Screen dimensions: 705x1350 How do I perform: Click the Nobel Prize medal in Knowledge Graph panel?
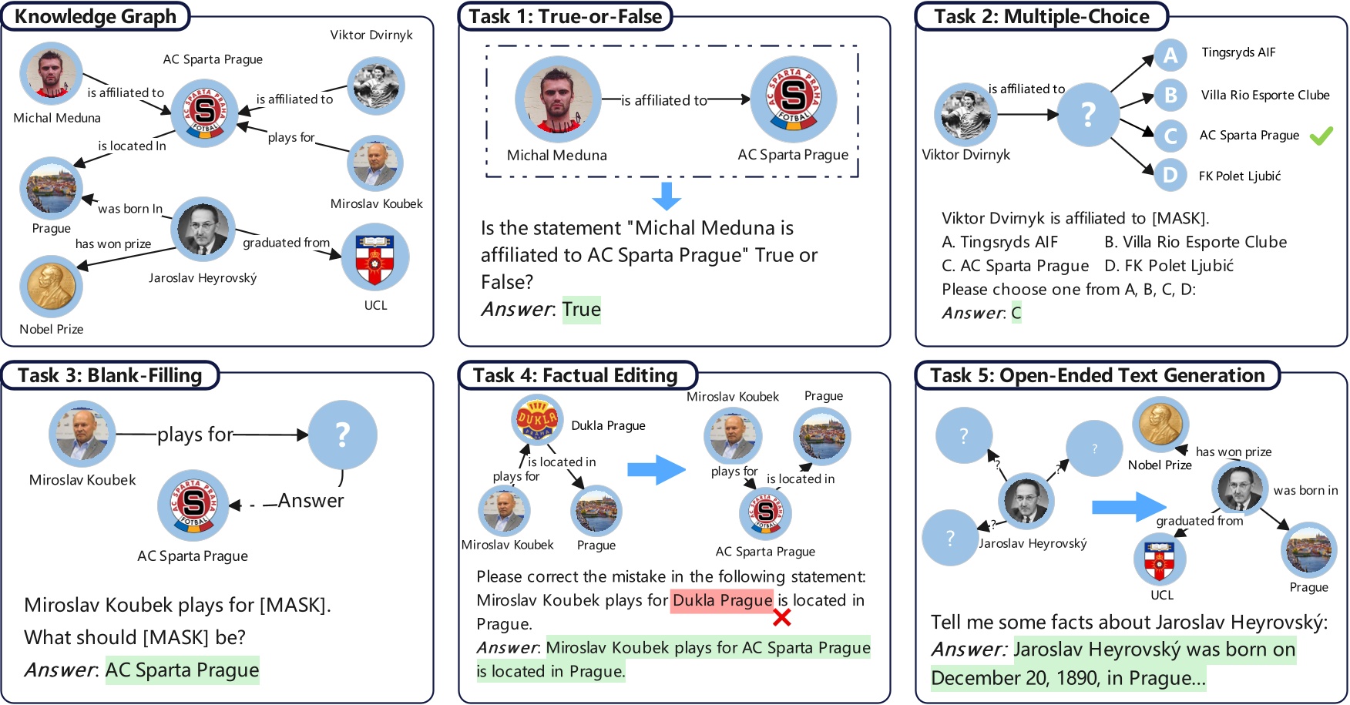click(x=51, y=287)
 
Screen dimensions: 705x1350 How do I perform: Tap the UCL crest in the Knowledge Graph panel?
click(x=375, y=257)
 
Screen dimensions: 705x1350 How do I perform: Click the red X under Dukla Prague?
click(x=781, y=617)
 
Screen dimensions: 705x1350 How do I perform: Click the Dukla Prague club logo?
click(x=537, y=421)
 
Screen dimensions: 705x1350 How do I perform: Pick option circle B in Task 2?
click(x=1170, y=95)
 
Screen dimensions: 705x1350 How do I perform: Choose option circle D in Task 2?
click(x=1170, y=175)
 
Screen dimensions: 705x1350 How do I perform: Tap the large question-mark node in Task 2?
click(x=1087, y=115)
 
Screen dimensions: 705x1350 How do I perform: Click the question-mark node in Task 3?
click(x=342, y=435)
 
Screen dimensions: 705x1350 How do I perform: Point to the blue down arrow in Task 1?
click(x=667, y=196)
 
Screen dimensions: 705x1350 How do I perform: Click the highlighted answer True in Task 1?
click(x=581, y=310)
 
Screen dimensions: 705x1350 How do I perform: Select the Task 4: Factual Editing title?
click(x=576, y=375)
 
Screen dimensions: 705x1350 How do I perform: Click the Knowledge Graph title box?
click(x=96, y=16)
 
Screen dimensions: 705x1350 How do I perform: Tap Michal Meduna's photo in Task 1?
click(x=557, y=99)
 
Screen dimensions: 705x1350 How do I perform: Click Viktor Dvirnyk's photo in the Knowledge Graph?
click(x=375, y=86)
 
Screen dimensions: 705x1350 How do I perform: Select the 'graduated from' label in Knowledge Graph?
click(x=286, y=243)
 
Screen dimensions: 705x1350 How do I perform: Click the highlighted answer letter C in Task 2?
click(x=1016, y=313)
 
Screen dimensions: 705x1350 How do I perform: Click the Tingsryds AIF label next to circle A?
click(x=1238, y=52)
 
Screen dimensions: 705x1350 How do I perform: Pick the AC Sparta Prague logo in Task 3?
click(x=193, y=505)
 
